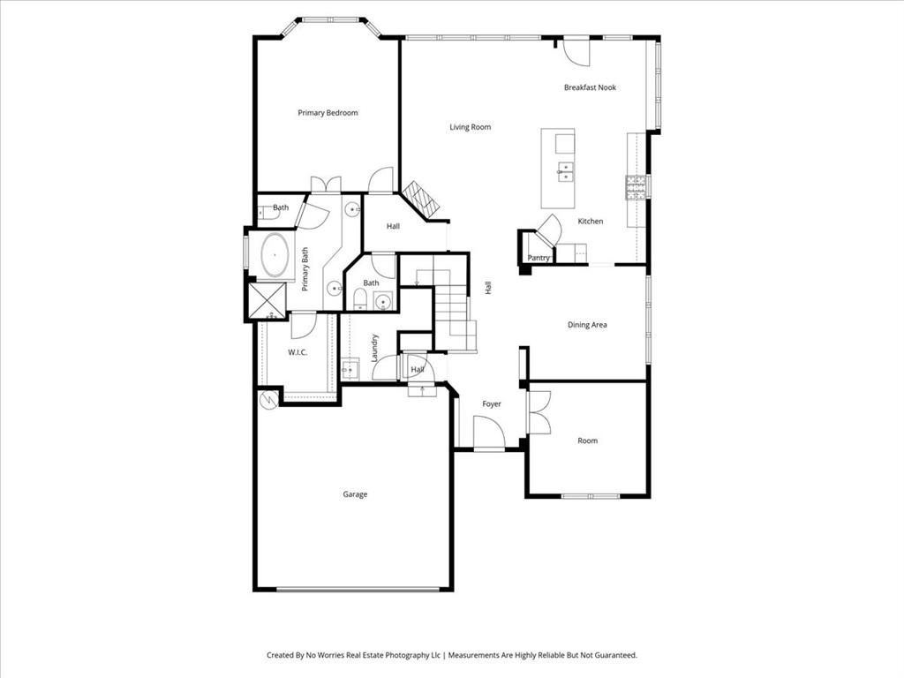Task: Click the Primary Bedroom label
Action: [x=328, y=113]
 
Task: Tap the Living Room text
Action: [x=470, y=127]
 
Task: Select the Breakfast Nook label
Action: [x=590, y=87]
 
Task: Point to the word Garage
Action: [x=355, y=494]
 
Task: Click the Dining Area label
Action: [x=587, y=325]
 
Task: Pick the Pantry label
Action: [x=539, y=258]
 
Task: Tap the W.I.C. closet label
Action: [x=297, y=352]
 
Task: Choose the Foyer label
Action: [x=492, y=404]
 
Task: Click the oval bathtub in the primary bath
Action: [x=275, y=256]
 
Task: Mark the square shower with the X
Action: [x=267, y=300]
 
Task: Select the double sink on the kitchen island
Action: [x=564, y=169]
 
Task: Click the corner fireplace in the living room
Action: [x=420, y=200]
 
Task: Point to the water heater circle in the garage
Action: [x=267, y=399]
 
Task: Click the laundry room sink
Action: [x=350, y=369]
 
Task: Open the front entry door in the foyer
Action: [x=488, y=434]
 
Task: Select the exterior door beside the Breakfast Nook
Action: [x=577, y=51]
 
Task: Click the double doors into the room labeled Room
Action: [x=538, y=412]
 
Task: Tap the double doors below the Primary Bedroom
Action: [x=326, y=185]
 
